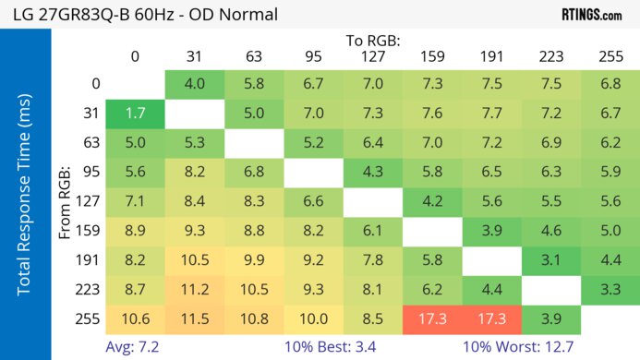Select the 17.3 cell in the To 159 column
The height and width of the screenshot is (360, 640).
click(x=432, y=318)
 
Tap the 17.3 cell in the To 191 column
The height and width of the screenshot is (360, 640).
click(x=491, y=318)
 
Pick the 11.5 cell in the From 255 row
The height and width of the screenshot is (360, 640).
click(x=195, y=318)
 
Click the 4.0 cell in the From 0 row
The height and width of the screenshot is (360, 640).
click(x=195, y=84)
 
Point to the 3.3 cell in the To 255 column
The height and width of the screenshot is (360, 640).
click(x=610, y=290)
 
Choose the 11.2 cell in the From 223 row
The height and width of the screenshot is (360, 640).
click(x=195, y=290)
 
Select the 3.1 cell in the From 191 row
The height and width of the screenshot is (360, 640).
click(x=551, y=260)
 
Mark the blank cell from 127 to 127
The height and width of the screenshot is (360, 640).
click(x=373, y=201)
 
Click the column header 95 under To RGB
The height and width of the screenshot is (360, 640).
click(x=313, y=56)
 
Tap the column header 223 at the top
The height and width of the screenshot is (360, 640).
click(x=551, y=56)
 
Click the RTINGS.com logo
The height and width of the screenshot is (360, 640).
click(x=591, y=15)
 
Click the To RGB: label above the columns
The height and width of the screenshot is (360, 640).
click(x=373, y=41)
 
